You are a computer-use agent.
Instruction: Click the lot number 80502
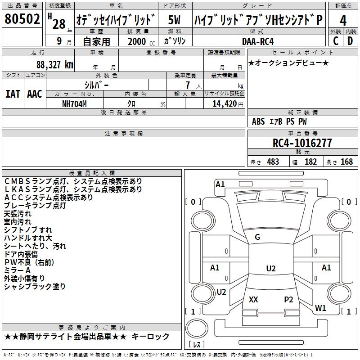22,19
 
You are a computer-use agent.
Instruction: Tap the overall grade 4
343,20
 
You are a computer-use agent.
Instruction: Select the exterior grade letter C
336,41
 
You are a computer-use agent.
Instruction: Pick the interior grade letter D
350,41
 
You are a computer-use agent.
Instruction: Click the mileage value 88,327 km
55,65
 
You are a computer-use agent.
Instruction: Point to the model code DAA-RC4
258,41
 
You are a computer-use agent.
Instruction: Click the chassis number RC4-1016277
302,143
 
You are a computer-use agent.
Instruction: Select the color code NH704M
74,104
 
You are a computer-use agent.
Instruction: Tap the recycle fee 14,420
225,104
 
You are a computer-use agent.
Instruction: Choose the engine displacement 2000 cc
141,41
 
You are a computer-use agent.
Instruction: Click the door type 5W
174,20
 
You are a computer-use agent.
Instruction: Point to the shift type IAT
13,94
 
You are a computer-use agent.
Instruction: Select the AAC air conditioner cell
35,94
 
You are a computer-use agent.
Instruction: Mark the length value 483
273,162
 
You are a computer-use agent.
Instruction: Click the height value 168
346,162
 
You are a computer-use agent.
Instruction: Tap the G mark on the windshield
257,237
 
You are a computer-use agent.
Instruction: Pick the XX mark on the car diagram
253,299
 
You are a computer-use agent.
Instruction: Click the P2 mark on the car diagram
288,299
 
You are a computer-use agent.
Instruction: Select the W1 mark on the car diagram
320,308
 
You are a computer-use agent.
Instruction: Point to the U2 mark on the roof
271,268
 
